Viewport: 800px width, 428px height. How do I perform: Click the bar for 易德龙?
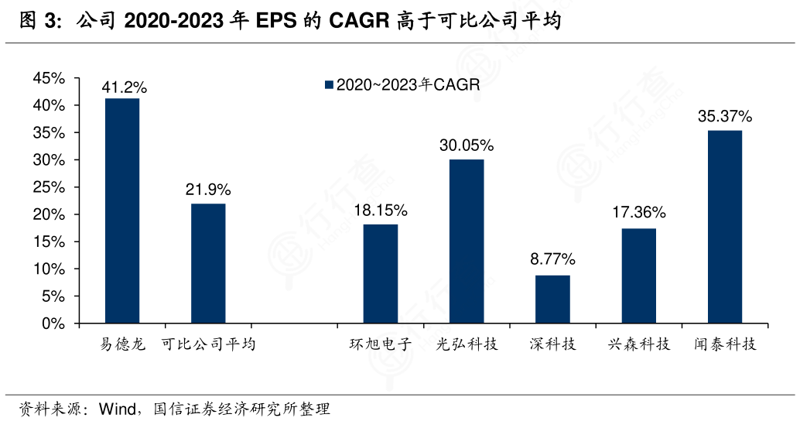pyautogui.click(x=122, y=211)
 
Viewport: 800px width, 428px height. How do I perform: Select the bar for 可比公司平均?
pyautogui.click(x=208, y=263)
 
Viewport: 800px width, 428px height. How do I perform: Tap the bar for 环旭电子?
pyautogui.click(x=381, y=273)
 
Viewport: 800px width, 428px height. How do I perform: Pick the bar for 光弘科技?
pyautogui.click(x=467, y=241)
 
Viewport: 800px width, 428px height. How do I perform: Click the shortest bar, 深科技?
pyautogui.click(x=552, y=299)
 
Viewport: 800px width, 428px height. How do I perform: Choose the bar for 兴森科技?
pyautogui.click(x=638, y=276)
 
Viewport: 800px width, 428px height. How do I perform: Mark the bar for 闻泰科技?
pyautogui.click(x=725, y=227)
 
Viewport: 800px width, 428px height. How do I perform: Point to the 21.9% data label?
pyautogui.click(x=208, y=190)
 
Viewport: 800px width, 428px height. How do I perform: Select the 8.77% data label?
pyautogui.click(x=552, y=260)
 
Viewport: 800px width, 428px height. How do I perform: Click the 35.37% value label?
pyautogui.click(x=725, y=117)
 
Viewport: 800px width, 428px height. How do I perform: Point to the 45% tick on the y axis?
pyautogui.click(x=49, y=78)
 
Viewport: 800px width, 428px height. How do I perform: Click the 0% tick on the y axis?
pyautogui.click(x=53, y=324)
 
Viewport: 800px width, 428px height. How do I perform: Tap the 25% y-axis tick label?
pyautogui.click(x=49, y=187)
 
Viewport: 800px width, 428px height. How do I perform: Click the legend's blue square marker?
pyautogui.click(x=329, y=86)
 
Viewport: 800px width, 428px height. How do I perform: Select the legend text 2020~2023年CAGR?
pyautogui.click(x=408, y=86)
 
